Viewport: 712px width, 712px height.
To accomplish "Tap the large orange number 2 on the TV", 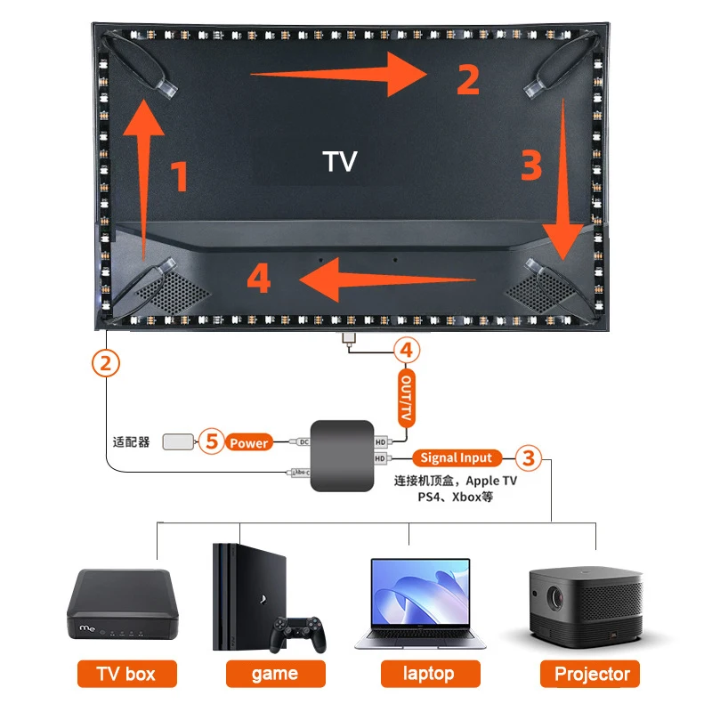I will click(x=468, y=78).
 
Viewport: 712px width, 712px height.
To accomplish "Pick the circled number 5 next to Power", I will click(x=211, y=441).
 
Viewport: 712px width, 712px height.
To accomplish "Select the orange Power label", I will click(x=249, y=442).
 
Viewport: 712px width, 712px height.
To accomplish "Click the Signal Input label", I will click(x=456, y=458).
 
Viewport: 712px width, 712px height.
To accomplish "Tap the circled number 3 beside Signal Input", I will click(x=529, y=458).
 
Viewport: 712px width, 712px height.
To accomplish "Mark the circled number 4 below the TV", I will click(x=406, y=350).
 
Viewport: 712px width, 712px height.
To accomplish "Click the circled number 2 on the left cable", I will click(x=106, y=362).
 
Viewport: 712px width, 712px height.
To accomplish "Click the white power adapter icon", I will click(x=179, y=441).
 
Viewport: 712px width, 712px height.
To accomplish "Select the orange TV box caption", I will click(x=127, y=673).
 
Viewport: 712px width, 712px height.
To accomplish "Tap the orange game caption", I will click(x=274, y=673).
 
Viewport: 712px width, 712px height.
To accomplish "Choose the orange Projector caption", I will click(x=592, y=673).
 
